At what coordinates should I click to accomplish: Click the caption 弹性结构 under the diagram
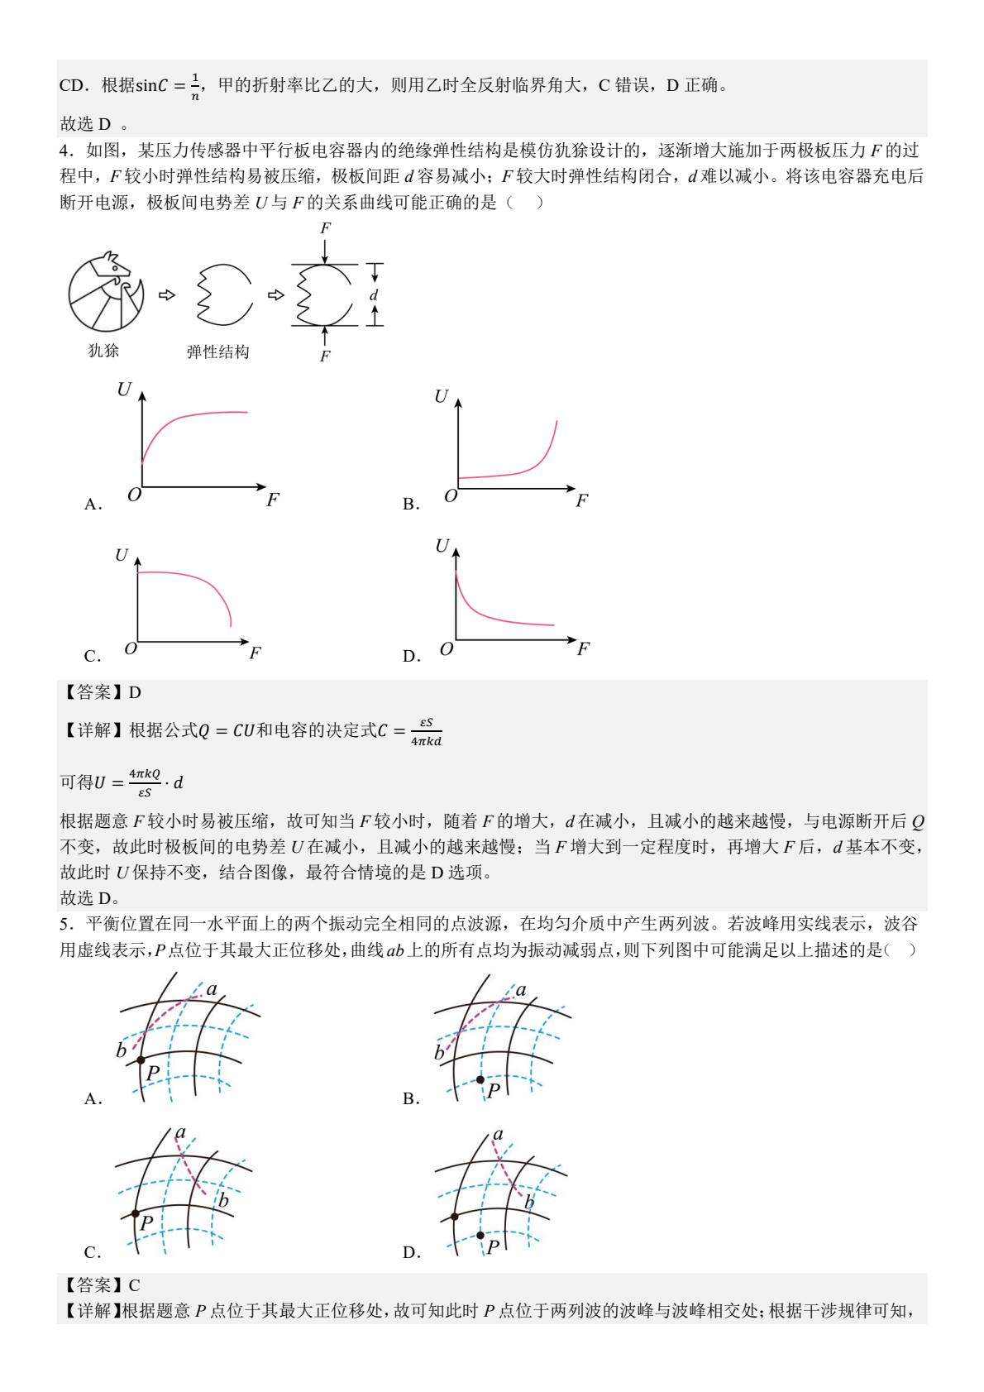coord(217,352)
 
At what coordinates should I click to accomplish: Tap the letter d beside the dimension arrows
coord(374,294)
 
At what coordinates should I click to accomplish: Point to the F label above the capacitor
coord(325,228)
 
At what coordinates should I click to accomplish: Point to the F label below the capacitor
coord(325,356)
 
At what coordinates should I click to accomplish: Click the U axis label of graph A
coord(124,390)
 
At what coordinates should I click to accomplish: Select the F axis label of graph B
coord(581,500)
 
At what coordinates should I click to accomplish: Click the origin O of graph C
coord(130,648)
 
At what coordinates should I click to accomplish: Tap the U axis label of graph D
coord(442,546)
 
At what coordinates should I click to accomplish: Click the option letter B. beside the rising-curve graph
coord(411,505)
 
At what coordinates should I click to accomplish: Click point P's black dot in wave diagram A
coord(141,1060)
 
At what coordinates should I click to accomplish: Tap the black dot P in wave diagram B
coord(480,1079)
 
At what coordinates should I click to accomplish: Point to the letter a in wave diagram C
coord(180,1133)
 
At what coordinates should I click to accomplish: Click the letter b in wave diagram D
coord(529,1202)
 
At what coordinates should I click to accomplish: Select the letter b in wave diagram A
coord(121,1051)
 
